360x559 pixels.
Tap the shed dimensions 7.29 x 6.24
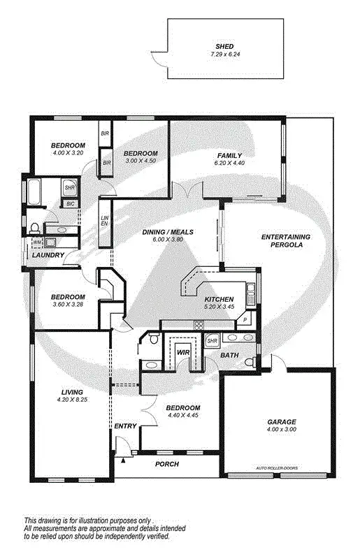224,54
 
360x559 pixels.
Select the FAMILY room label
229,155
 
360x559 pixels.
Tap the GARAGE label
282,421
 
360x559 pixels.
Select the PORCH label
166,464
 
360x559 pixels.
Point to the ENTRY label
126,426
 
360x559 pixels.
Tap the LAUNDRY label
48,255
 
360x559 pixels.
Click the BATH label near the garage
229,355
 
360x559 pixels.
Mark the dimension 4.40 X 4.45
183,416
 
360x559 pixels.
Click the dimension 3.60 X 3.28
68,305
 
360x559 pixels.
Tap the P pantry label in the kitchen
246,320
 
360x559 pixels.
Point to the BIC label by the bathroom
70,203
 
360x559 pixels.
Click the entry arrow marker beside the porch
124,460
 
